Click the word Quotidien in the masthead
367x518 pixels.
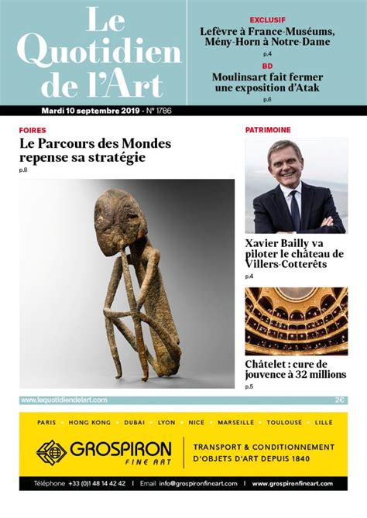[x=98, y=50]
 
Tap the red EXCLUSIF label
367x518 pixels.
[x=267, y=19]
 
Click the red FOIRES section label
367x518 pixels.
[x=33, y=130]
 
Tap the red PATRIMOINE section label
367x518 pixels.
[x=269, y=130]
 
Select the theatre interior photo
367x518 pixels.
[x=297, y=321]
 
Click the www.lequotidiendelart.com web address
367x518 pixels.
[x=63, y=400]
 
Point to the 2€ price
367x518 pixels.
[x=340, y=400]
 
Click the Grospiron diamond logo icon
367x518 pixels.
[x=52, y=452]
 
